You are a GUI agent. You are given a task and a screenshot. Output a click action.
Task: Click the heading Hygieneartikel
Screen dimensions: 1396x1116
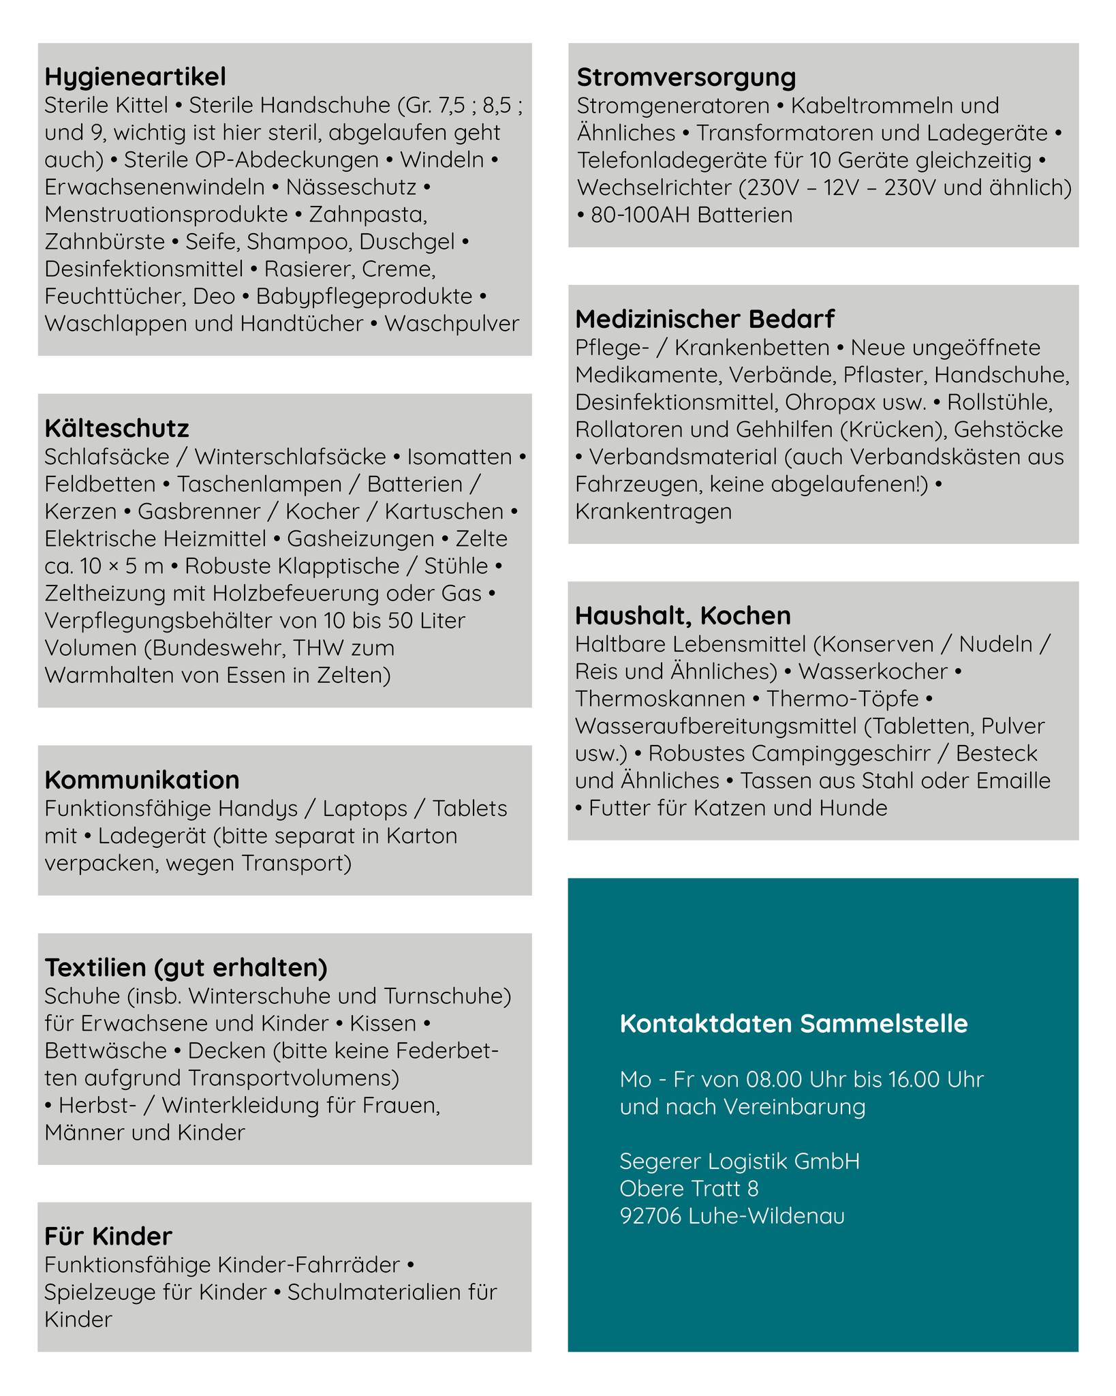(x=135, y=77)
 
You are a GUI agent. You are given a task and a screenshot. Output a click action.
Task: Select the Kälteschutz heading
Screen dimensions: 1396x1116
(x=117, y=429)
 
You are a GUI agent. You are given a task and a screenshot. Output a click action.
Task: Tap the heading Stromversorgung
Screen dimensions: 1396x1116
(x=686, y=77)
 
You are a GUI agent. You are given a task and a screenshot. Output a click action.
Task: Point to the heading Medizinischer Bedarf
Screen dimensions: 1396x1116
(x=704, y=319)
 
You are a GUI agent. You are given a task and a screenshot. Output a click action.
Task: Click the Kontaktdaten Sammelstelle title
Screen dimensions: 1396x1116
(x=794, y=1023)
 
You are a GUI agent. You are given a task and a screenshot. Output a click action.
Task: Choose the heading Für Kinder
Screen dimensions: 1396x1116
(x=108, y=1236)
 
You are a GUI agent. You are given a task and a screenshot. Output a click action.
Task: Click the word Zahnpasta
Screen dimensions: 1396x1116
(x=368, y=214)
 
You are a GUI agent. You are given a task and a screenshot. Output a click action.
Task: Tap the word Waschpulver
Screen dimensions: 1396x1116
(x=452, y=323)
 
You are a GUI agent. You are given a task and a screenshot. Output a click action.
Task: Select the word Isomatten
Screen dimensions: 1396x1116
(x=459, y=457)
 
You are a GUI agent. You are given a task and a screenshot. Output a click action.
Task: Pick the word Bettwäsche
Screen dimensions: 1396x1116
(x=106, y=1050)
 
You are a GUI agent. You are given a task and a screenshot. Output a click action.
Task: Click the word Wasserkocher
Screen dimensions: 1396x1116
(x=873, y=671)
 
